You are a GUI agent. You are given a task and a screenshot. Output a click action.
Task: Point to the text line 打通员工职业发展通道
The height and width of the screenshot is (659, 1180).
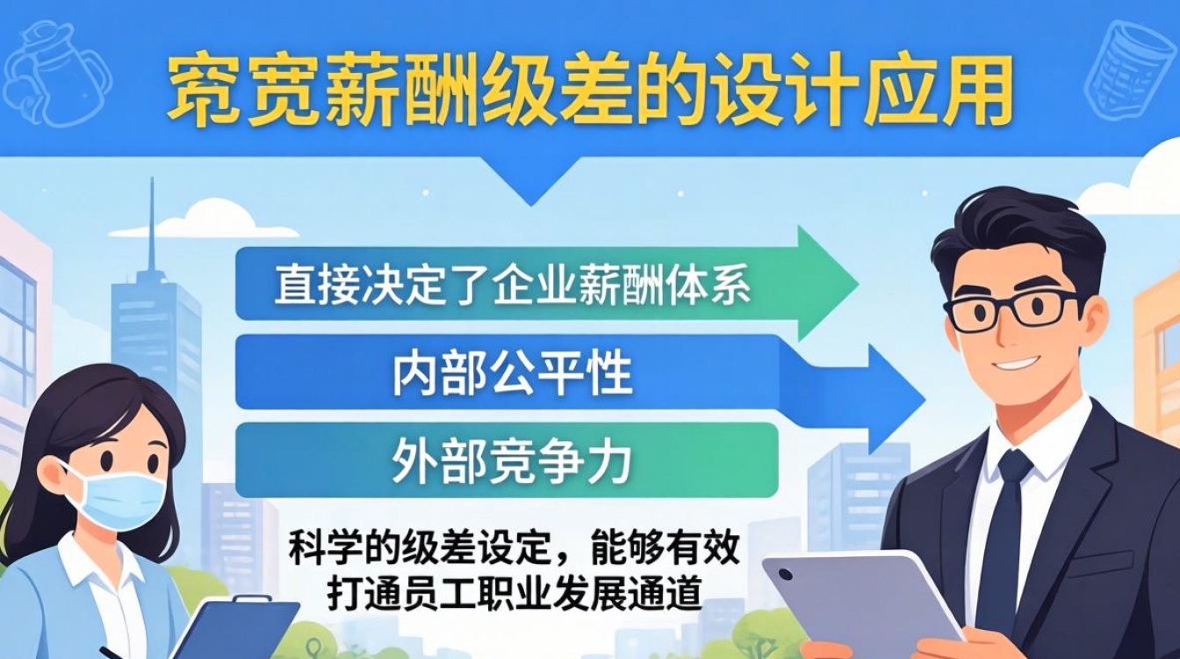pos(514,594)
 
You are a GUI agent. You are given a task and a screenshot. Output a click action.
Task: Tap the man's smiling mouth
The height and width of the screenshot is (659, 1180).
pos(1018,362)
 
